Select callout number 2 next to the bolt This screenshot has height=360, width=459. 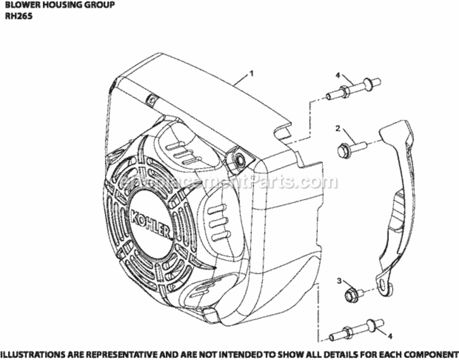click(338, 128)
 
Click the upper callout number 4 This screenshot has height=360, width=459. click(338, 75)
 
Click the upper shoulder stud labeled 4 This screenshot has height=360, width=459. click(354, 89)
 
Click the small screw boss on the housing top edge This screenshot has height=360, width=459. click(151, 100)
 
